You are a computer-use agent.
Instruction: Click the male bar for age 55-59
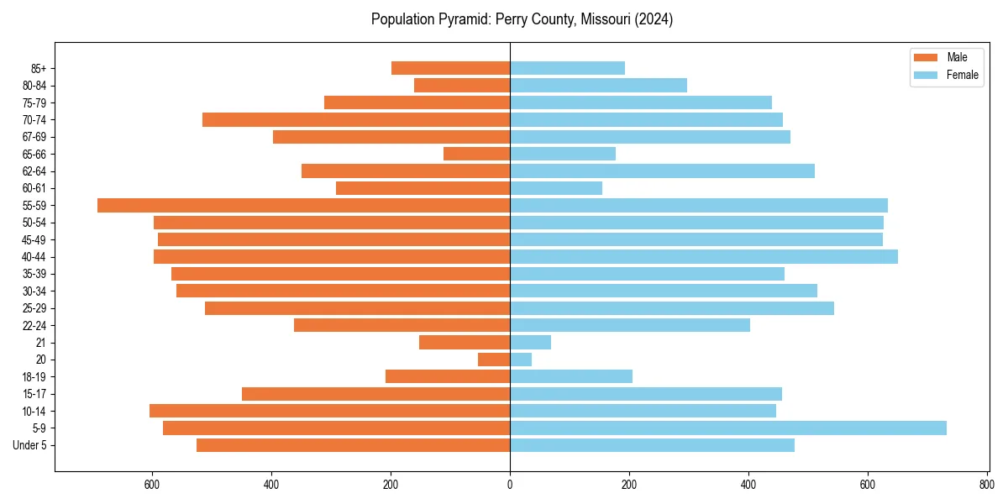click(303, 205)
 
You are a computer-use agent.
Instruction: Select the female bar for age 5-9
click(727, 428)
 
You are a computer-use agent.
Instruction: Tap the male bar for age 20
click(494, 360)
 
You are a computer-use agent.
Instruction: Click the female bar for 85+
click(567, 68)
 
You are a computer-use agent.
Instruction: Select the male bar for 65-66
click(476, 154)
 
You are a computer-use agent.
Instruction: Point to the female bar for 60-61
click(555, 188)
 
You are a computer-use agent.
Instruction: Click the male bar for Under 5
click(353, 445)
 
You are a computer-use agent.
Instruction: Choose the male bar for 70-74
click(356, 119)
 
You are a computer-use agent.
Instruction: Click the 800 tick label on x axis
click(986, 485)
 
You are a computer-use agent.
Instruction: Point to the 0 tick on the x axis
click(510, 485)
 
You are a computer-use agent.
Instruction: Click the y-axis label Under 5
click(30, 445)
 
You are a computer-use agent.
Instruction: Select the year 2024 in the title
click(654, 19)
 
